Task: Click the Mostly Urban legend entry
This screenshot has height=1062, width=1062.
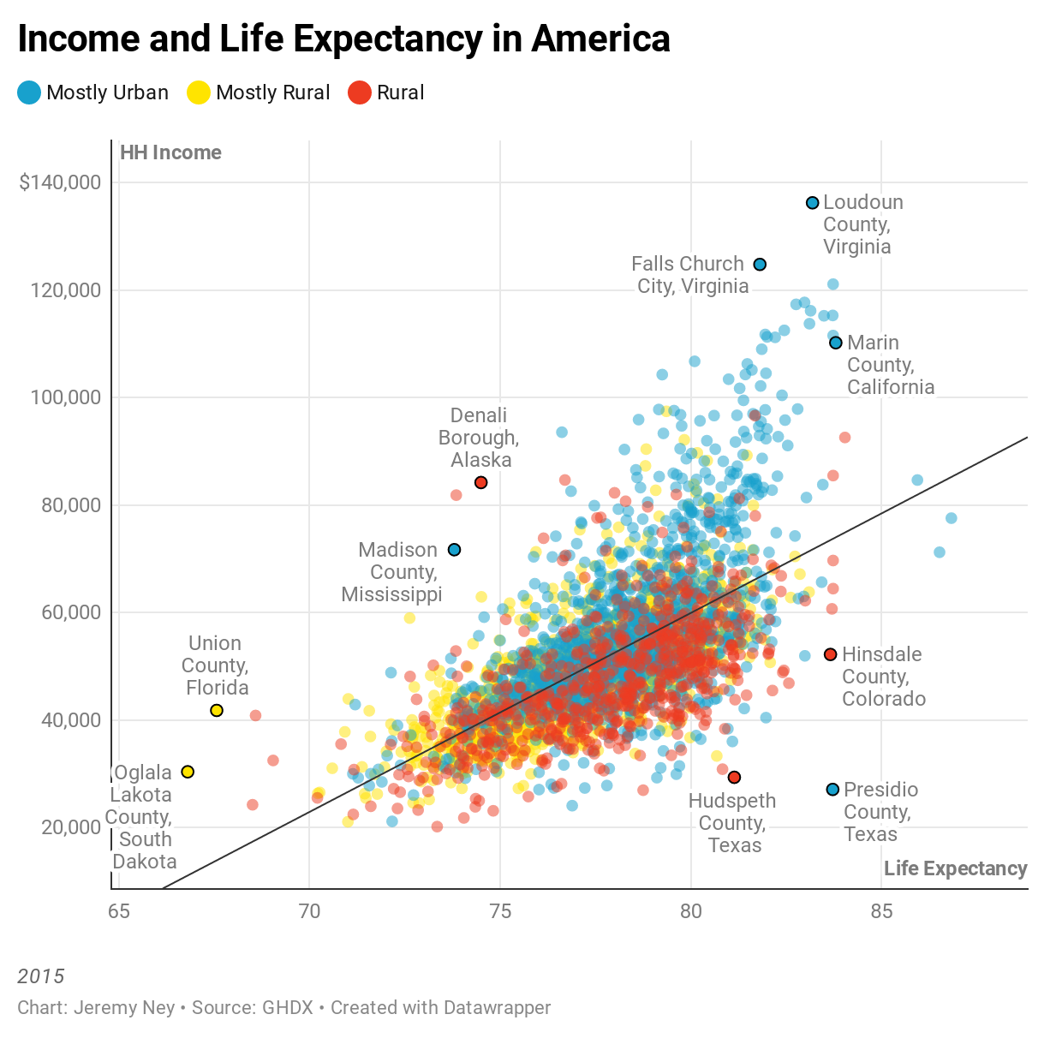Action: coord(92,92)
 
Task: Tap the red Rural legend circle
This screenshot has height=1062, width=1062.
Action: coord(360,92)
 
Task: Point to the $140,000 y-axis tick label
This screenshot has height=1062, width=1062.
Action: coord(60,182)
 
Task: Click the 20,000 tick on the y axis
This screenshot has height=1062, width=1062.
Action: coord(71,827)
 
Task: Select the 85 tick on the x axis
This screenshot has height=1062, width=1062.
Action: coord(881,911)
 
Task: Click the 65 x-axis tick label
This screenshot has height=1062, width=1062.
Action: coord(119,911)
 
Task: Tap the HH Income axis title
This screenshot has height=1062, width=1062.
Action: coord(170,152)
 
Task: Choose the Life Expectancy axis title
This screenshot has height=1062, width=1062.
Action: coord(955,868)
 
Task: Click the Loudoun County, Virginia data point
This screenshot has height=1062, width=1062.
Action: coord(812,203)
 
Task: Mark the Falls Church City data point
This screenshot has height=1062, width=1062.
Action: coord(760,265)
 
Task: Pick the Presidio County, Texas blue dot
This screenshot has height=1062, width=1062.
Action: coord(832,790)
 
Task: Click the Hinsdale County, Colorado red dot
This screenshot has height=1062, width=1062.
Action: coord(830,654)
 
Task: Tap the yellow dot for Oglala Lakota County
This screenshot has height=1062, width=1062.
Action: coord(188,773)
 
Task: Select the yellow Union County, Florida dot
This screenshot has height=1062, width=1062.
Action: coord(217,711)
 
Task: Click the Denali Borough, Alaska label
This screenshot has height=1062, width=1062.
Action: coord(480,438)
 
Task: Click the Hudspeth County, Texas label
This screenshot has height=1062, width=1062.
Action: coord(733,822)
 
